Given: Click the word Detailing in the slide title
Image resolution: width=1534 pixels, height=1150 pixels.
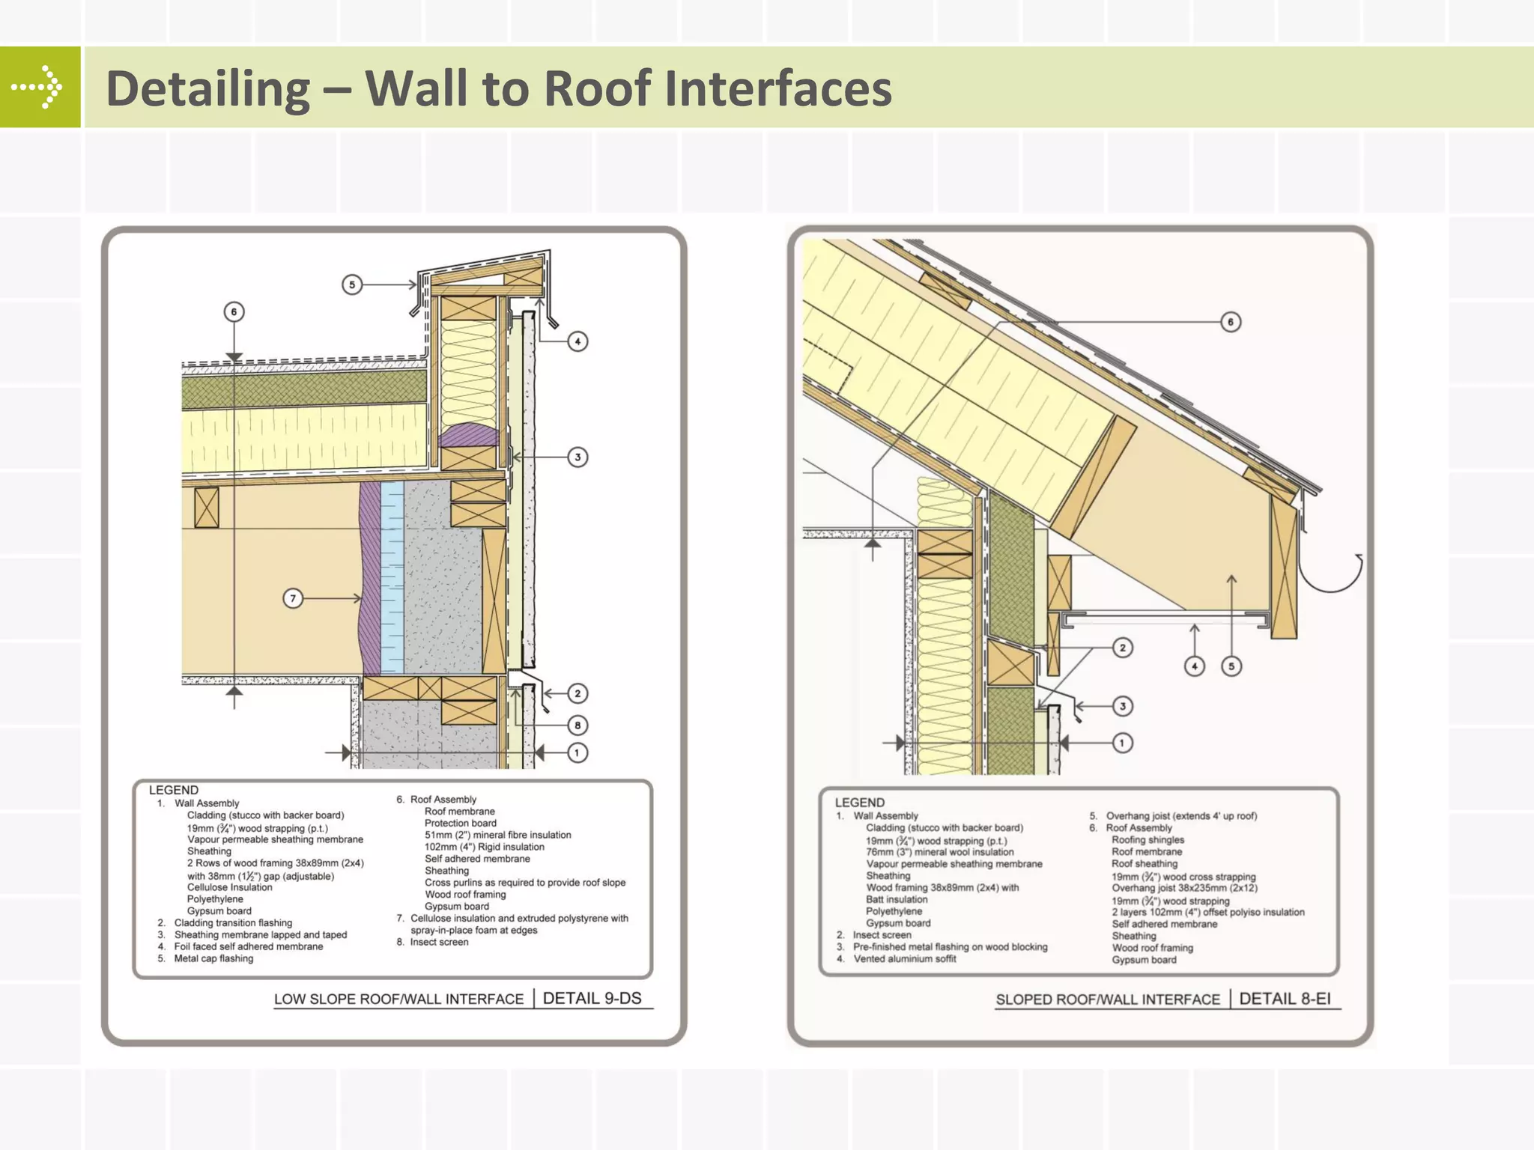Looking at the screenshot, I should point(207,88).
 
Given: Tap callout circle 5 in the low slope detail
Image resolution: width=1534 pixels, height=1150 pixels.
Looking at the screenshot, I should point(352,285).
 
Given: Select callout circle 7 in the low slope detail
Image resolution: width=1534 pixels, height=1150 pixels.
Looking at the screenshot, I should point(293,598).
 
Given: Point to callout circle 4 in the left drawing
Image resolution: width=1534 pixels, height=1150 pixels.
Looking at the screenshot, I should point(577,341).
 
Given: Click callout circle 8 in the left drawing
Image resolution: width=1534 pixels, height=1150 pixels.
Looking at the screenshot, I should point(577,725).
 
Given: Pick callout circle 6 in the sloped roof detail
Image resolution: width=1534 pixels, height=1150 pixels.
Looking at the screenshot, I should point(1231,322).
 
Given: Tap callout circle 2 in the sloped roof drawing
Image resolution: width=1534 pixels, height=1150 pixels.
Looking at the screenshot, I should point(1122,648).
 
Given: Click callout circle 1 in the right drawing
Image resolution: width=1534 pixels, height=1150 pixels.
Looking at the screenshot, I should point(1122,743).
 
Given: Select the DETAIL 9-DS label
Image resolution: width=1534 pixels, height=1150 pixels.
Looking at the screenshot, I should point(592,998).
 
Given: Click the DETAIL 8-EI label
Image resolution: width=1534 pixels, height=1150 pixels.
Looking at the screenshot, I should point(1285,999).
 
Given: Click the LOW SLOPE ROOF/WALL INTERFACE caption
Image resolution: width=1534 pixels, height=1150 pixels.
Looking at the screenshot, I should point(398,999).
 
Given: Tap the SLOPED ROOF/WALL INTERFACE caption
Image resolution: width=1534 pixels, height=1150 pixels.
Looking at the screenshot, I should point(1107,1000).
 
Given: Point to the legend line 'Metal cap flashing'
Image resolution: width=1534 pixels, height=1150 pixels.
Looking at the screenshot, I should point(213,958).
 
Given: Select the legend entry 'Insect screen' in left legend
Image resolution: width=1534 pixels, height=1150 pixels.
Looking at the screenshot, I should point(439,942).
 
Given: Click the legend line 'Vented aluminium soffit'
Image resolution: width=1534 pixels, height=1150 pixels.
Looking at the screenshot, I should point(904,958).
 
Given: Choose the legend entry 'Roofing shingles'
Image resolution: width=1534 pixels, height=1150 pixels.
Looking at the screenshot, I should point(1148,839).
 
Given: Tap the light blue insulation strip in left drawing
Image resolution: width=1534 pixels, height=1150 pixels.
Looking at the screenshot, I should point(392,576).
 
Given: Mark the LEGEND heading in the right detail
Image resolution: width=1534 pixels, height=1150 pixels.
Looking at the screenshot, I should point(859,803).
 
